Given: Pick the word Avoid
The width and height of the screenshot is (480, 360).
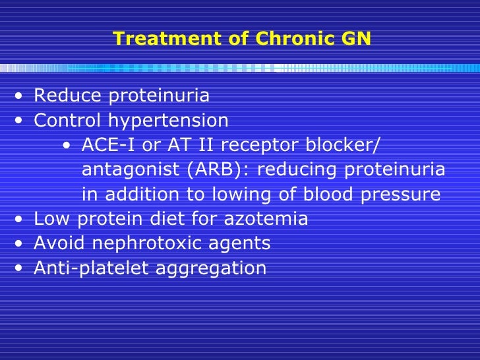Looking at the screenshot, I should [x=59, y=243].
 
